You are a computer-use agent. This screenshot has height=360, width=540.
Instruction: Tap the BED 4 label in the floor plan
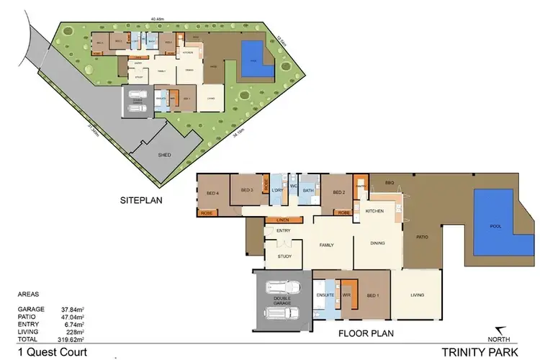pos(212,193)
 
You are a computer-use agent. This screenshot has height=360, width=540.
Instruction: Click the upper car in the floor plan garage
pos(282,289)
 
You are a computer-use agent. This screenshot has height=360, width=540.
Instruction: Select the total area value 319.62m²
pos(72,338)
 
